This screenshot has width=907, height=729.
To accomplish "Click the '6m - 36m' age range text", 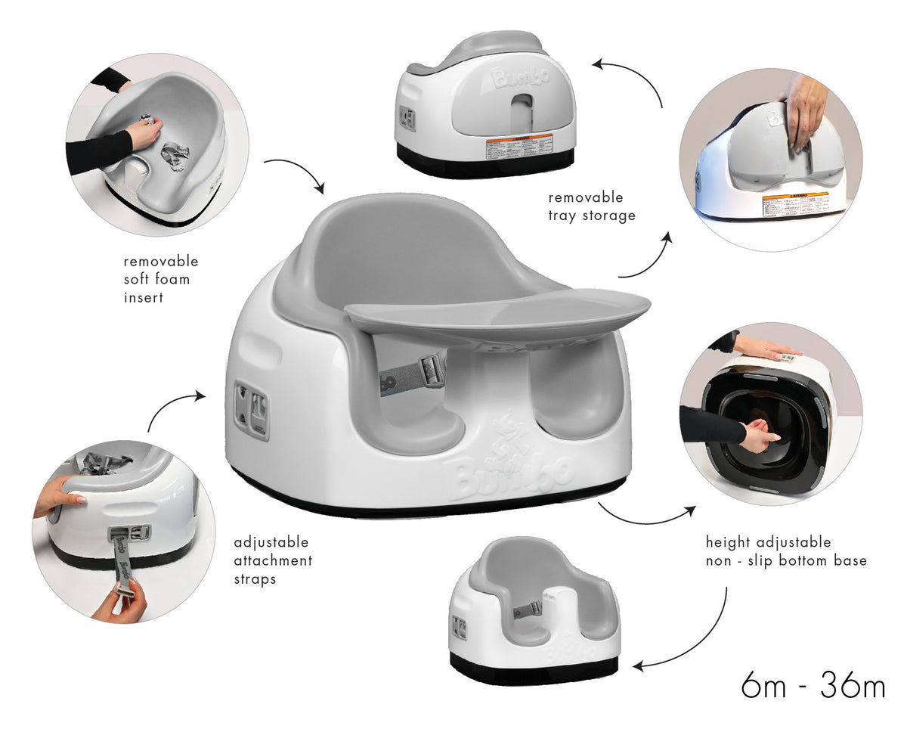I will click(x=813, y=686).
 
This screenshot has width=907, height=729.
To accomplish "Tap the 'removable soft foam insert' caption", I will click(x=160, y=279).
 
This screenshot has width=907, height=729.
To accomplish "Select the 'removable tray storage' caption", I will click(x=592, y=206).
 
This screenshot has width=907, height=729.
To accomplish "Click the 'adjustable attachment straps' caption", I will click(x=273, y=561).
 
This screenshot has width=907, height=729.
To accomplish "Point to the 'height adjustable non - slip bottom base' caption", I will click(x=786, y=551).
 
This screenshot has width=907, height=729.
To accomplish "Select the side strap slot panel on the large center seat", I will click(x=252, y=409).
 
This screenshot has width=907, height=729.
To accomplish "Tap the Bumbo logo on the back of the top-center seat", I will click(x=519, y=77).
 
